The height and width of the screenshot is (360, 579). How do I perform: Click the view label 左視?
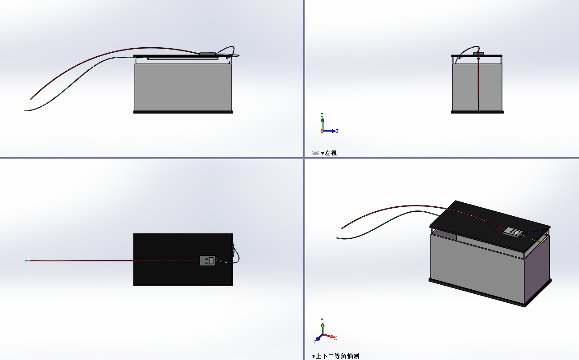331,153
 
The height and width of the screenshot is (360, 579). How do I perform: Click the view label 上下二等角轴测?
337,356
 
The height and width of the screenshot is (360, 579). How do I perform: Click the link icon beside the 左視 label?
315,153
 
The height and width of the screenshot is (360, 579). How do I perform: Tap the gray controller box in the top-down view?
208,261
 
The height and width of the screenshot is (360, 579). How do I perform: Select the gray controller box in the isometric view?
513,232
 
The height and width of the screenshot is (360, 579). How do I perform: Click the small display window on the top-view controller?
211,261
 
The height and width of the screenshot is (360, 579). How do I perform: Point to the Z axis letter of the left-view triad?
337,131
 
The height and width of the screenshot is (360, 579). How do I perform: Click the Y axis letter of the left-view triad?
322,115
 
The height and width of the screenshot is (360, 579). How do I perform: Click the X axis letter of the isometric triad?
335,338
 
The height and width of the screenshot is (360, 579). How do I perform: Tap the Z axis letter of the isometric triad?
315,342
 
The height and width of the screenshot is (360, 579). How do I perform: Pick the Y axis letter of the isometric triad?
322,320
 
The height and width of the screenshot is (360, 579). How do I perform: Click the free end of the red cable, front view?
31,99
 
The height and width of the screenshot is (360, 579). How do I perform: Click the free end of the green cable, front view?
25,111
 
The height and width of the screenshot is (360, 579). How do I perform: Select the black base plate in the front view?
183,112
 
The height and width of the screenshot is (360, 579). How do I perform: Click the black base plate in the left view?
477,112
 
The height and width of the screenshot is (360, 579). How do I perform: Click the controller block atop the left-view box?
478,54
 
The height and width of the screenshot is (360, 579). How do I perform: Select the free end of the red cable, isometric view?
342,228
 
